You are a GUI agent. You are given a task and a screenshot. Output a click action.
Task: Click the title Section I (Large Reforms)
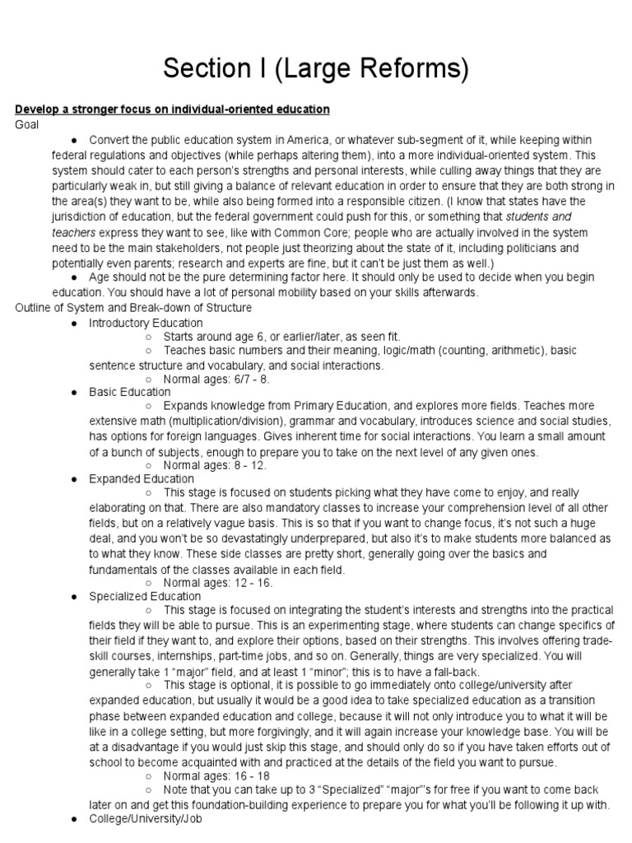pyautogui.click(x=316, y=68)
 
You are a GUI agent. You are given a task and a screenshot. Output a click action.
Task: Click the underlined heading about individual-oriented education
pyautogui.click(x=172, y=109)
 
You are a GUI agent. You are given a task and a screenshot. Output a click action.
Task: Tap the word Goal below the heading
pyautogui.click(x=27, y=124)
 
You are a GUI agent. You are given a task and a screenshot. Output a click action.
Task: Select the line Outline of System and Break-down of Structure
pyautogui.click(x=133, y=307)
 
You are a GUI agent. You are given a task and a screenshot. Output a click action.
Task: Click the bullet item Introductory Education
pyautogui.click(x=146, y=322)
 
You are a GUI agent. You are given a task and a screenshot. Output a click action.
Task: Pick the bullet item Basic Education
pyautogui.click(x=130, y=392)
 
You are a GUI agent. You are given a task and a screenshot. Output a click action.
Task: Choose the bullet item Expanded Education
pyautogui.click(x=142, y=478)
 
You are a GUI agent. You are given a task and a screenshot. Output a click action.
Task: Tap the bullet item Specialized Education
pyautogui.click(x=145, y=596)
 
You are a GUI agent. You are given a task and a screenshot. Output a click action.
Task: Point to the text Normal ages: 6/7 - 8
pyautogui.click(x=216, y=380)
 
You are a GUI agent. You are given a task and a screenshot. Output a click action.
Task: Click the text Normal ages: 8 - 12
pyautogui.click(x=214, y=465)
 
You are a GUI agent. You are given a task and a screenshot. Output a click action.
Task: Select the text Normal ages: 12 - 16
pyautogui.click(x=217, y=583)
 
